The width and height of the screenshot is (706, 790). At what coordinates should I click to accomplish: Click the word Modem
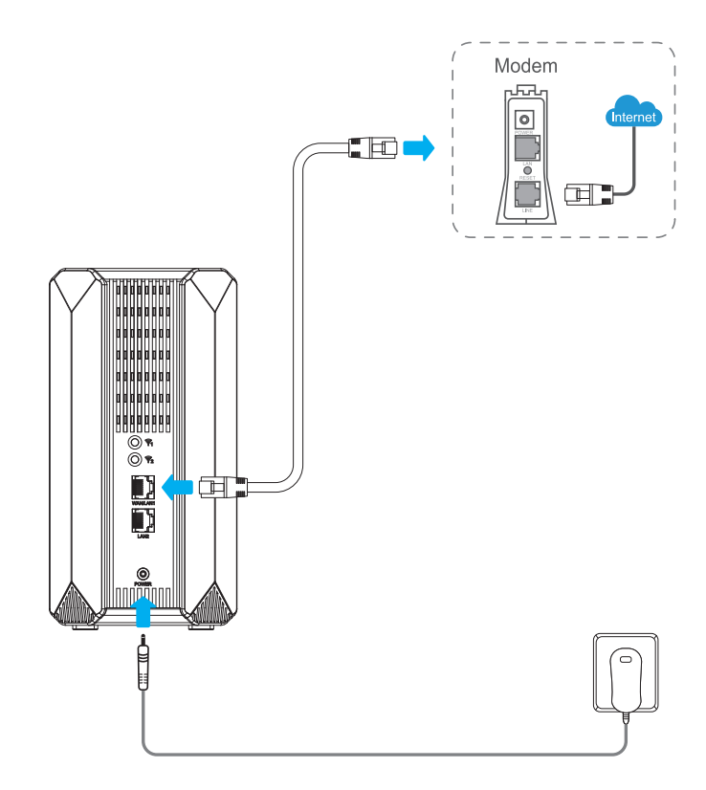(525, 68)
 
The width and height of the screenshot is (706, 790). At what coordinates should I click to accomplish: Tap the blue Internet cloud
(634, 117)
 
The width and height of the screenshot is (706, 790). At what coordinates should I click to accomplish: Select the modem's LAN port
(526, 148)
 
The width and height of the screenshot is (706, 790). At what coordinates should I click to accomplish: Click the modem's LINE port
(526, 195)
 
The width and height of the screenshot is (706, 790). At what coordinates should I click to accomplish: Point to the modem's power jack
(525, 119)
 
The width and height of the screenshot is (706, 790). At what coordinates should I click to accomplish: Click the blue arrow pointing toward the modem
(416, 148)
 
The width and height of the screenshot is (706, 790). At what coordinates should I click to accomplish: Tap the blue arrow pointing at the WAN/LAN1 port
(175, 489)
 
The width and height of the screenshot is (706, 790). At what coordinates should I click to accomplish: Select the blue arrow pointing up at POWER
(142, 608)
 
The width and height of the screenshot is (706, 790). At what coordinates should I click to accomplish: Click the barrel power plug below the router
(142, 664)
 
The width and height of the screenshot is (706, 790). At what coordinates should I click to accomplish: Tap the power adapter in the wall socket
(626, 680)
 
